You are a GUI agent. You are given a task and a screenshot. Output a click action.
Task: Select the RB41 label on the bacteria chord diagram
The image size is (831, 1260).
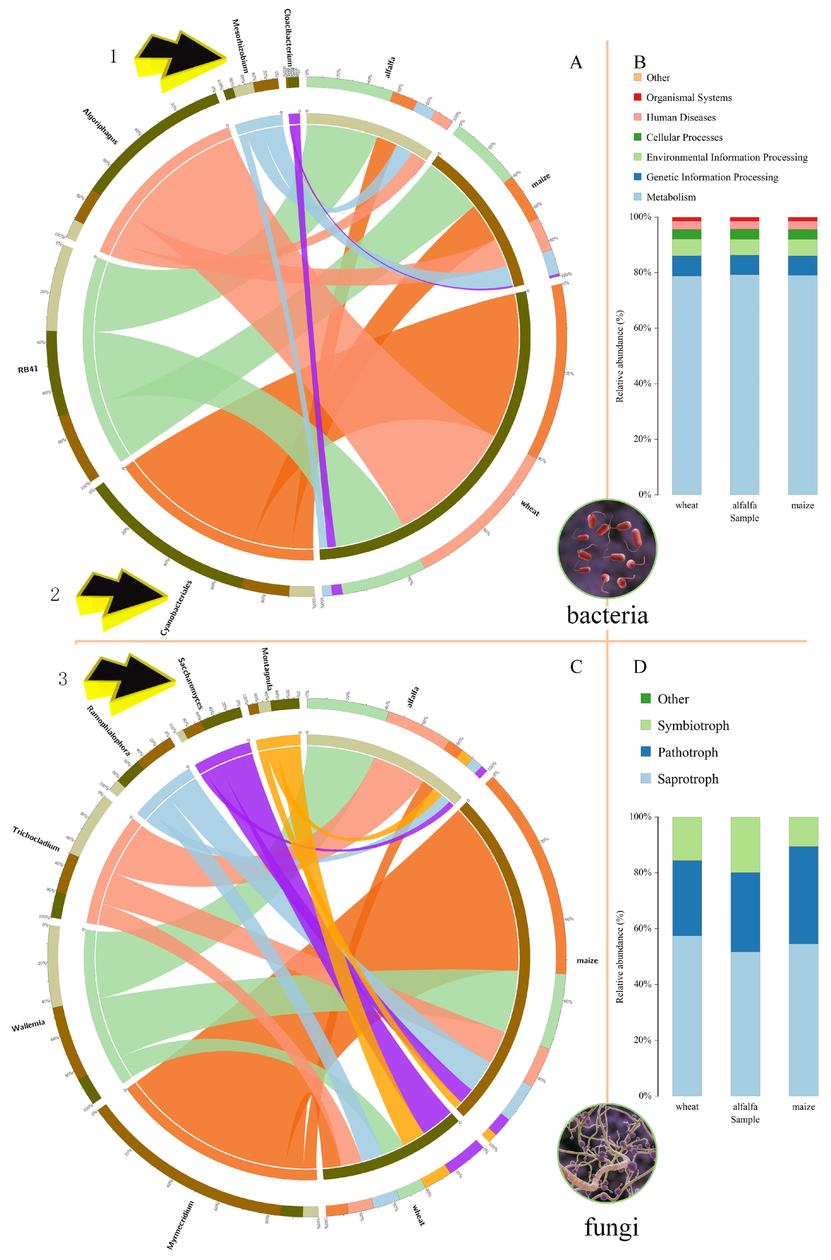pyautogui.click(x=28, y=369)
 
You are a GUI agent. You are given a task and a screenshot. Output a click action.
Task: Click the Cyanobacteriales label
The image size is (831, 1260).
pyautogui.click(x=176, y=608)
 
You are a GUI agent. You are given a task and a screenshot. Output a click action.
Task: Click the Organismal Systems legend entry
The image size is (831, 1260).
pyautogui.click(x=688, y=98)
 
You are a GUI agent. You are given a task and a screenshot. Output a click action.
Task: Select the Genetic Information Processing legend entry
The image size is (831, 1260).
pyautogui.click(x=712, y=177)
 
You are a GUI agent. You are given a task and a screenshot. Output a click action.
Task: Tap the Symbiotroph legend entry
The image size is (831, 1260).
pyautogui.click(x=693, y=725)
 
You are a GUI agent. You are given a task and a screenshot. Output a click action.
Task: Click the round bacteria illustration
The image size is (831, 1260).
pyautogui.click(x=607, y=549)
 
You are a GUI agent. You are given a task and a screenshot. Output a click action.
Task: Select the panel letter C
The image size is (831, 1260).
pyautogui.click(x=576, y=667)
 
